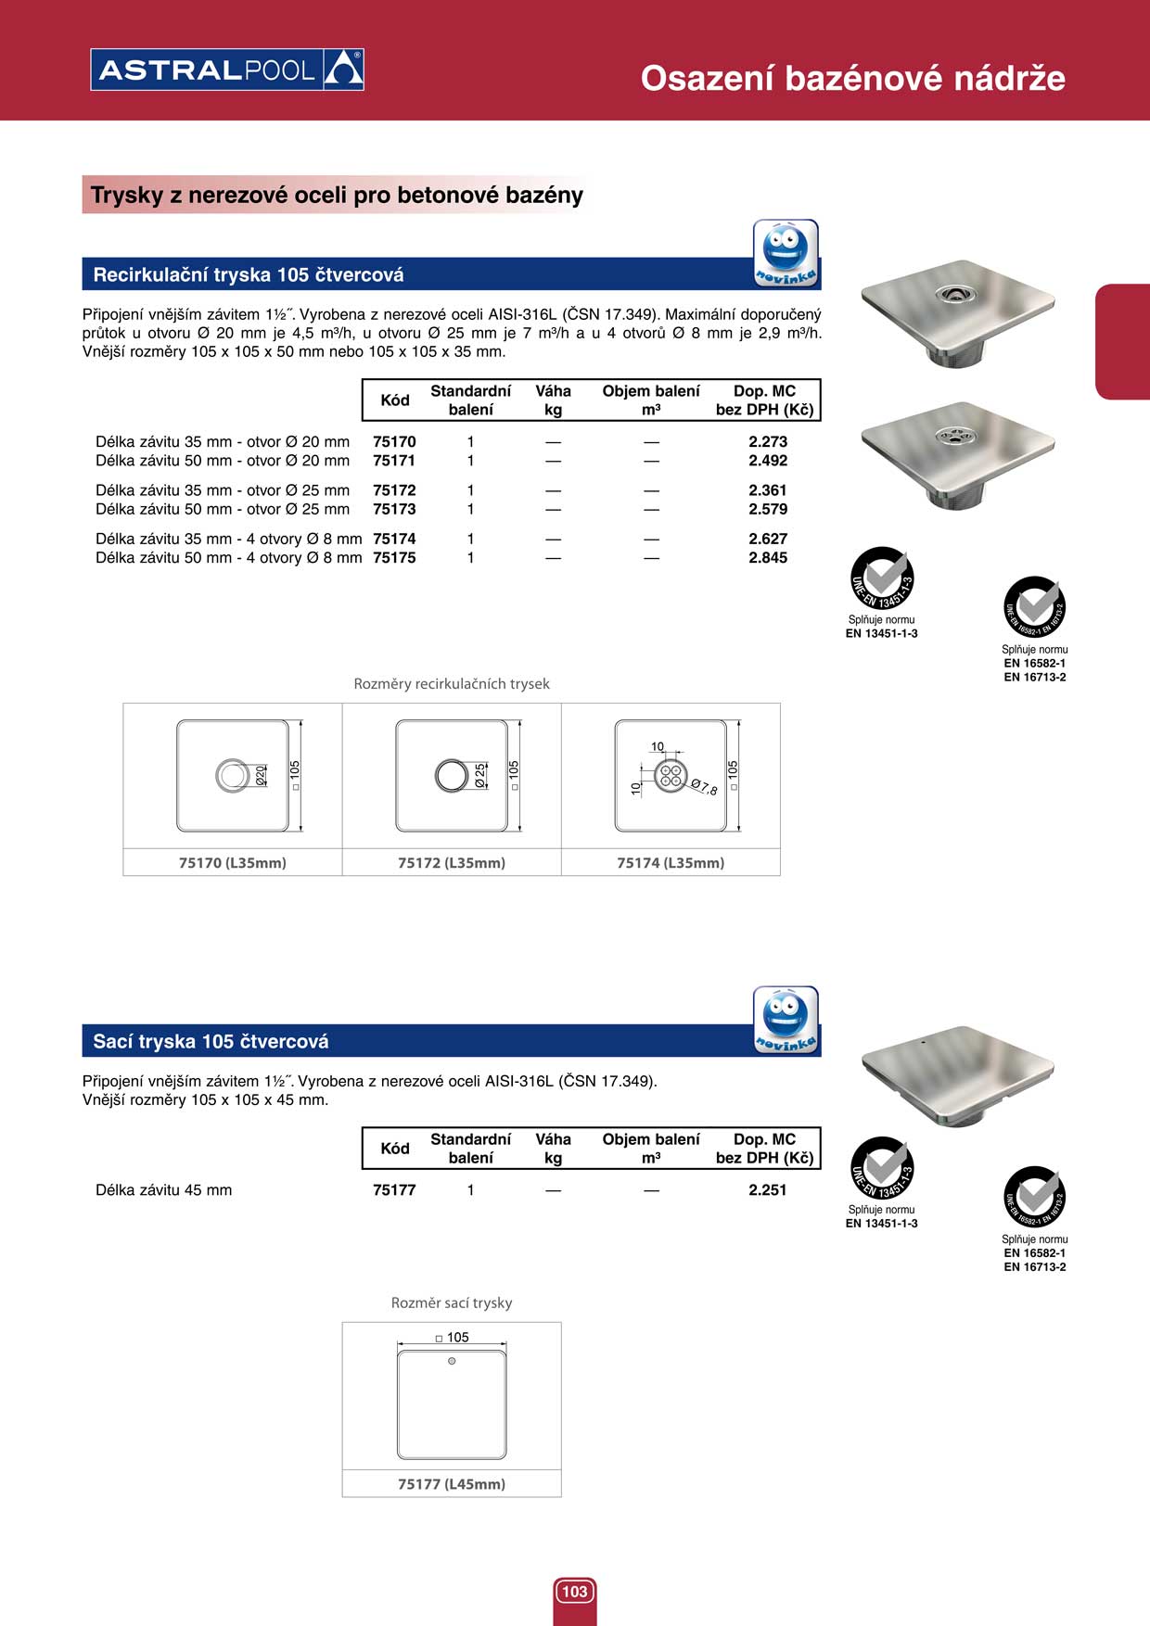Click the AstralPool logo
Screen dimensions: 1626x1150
click(x=227, y=70)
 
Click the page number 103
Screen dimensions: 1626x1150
click(x=575, y=1591)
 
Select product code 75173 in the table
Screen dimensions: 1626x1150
click(x=394, y=509)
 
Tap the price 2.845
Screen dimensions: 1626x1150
click(x=768, y=557)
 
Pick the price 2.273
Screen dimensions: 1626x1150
click(x=768, y=441)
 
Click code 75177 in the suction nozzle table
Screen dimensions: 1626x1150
click(x=394, y=1189)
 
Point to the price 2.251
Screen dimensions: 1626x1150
click(x=768, y=1189)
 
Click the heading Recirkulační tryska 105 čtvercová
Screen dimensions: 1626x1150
click(x=249, y=274)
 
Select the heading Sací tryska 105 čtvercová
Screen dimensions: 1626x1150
click(x=211, y=1041)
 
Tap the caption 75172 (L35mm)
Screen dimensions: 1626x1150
click(x=452, y=862)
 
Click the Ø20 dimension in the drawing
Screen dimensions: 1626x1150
click(x=261, y=775)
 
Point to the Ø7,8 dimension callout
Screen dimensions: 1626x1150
click(x=704, y=787)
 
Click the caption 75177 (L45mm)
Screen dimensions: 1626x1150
click(x=452, y=1483)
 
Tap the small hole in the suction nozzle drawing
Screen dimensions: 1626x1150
click(x=452, y=1361)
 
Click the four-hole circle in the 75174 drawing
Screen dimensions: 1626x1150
click(x=670, y=776)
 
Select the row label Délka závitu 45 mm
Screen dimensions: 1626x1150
click(x=164, y=1189)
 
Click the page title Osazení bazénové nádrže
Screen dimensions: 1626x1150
click(x=852, y=78)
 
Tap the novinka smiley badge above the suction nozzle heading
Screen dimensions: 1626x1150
click(x=786, y=1020)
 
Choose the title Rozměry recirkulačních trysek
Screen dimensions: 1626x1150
click(x=452, y=683)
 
